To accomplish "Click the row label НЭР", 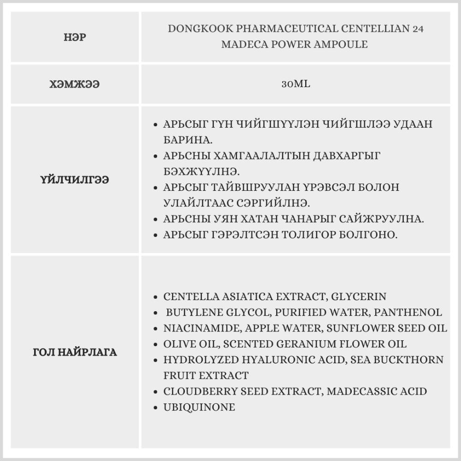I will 75,37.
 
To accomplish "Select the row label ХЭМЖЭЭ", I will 75,85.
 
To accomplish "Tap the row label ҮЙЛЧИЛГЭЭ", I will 75,180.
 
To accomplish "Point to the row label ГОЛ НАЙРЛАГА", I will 75,353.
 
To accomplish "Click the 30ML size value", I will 296,85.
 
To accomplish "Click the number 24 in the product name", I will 418,29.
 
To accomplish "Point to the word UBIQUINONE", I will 199,407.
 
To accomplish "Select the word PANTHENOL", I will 408,313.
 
